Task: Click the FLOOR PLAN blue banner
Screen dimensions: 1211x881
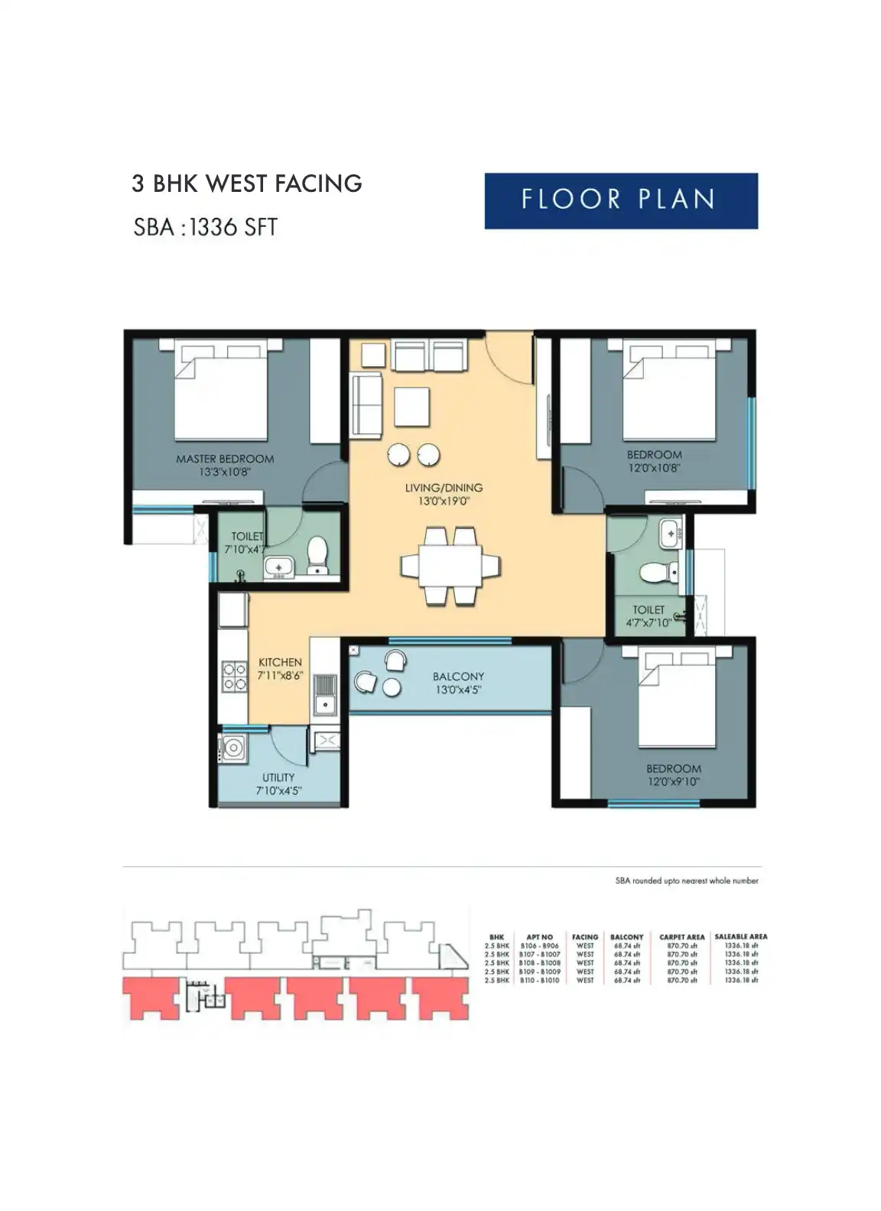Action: pos(620,200)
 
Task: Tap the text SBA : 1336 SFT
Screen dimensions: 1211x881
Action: pos(205,227)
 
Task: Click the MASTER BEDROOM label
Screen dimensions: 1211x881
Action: pos(224,459)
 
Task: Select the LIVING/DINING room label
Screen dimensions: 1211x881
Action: pos(444,488)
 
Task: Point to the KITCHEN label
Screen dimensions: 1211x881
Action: pos(280,662)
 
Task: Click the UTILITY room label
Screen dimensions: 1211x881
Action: pos(278,777)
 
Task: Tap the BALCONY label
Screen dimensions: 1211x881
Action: pos(458,677)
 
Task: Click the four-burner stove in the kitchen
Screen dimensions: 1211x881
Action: pos(234,676)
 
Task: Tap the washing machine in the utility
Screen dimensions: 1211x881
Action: pos(232,748)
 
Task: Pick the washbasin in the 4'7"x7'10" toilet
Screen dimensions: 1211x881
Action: pos(671,532)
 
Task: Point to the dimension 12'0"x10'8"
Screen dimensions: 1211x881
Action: pos(654,467)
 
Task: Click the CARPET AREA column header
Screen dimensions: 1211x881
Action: pos(681,937)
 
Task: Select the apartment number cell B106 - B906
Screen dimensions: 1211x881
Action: pos(539,946)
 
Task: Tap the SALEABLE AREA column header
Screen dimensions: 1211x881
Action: pos(740,937)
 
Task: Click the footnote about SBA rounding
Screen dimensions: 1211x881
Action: pos(686,881)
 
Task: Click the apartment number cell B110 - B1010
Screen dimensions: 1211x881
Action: pos(539,980)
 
